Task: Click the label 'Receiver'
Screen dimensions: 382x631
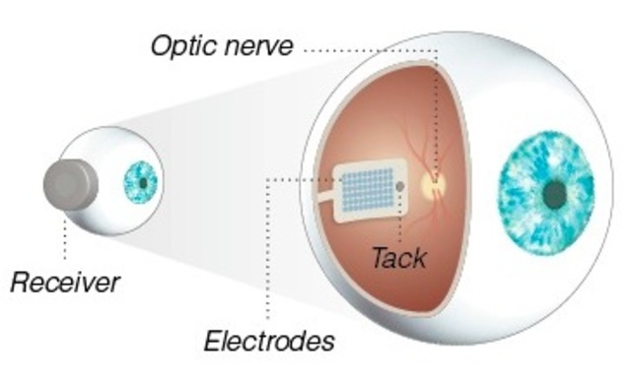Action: (65, 284)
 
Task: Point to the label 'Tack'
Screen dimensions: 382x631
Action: (399, 258)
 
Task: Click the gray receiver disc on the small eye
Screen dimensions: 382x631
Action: (70, 185)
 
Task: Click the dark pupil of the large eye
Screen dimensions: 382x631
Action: (556, 193)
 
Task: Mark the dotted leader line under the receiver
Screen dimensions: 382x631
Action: (65, 236)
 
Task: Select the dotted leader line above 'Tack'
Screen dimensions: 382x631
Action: (399, 217)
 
